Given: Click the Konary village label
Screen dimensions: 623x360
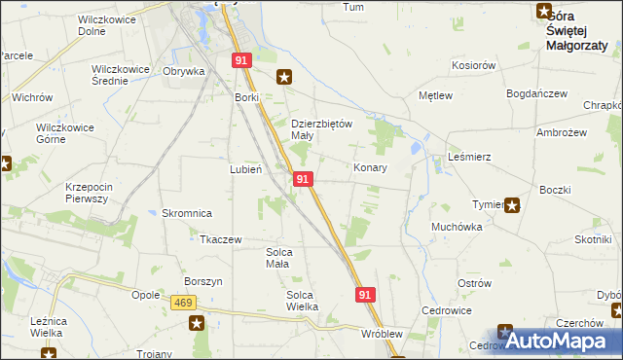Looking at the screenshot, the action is pyautogui.click(x=370, y=168).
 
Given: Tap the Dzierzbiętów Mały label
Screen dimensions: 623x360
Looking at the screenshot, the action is pyautogui.click(x=321, y=129).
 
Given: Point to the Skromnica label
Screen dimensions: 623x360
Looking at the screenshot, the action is pyautogui.click(x=186, y=213).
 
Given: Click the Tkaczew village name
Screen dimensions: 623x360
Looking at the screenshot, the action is pyautogui.click(x=220, y=239).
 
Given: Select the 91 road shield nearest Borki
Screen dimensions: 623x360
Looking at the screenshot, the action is pyautogui.click(x=241, y=60).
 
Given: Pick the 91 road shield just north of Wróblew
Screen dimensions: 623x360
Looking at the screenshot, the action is pyautogui.click(x=365, y=294).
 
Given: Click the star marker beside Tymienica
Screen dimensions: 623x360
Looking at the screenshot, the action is pyautogui.click(x=512, y=204).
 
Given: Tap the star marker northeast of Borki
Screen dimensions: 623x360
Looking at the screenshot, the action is pyautogui.click(x=284, y=77).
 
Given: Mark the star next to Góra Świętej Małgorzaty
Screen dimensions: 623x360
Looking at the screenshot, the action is pyautogui.click(x=543, y=12).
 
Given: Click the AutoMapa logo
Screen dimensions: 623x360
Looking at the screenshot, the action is pyautogui.click(x=558, y=341).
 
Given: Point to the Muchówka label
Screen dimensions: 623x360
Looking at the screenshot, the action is pyautogui.click(x=457, y=227).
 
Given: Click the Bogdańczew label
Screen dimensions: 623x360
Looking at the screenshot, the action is pyautogui.click(x=536, y=93).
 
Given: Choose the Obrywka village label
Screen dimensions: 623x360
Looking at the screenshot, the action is pyautogui.click(x=183, y=71).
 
